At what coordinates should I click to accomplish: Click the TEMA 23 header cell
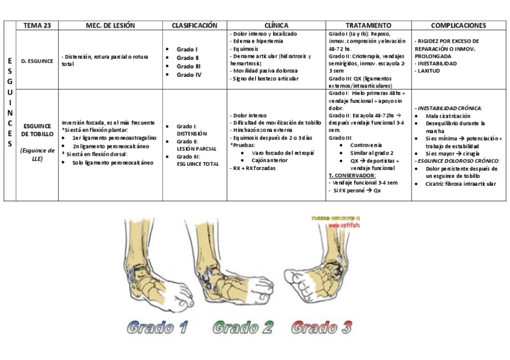coord(37,26)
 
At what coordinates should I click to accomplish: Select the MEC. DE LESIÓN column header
coord(110,26)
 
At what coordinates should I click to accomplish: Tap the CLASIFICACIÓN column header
coord(194,26)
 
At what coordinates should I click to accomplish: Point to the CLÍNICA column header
coord(276,26)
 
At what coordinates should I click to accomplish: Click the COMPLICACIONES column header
coord(458,26)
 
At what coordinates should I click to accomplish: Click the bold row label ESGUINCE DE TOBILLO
coord(37,130)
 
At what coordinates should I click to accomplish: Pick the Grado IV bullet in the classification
coord(188,75)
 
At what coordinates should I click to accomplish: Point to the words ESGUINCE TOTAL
coord(198,163)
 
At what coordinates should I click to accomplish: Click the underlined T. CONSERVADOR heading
coord(352,175)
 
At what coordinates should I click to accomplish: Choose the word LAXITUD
coord(429,71)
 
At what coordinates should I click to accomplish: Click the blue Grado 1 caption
coord(158,328)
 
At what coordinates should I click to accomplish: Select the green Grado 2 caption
coord(243,328)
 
